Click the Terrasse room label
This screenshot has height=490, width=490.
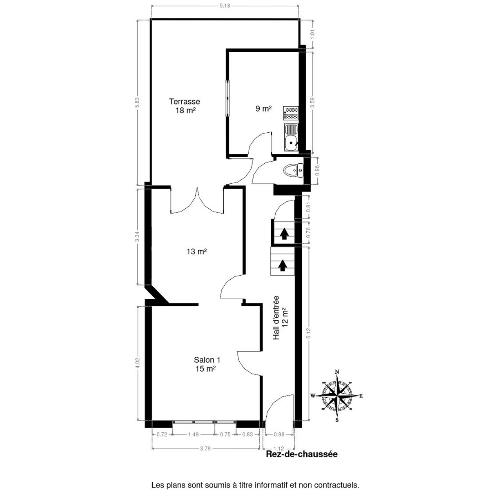[185, 101]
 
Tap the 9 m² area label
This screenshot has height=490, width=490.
[263, 109]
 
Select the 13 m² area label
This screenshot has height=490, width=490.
[196, 252]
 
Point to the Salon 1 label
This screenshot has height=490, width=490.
[207, 360]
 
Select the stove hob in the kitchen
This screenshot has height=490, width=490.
[291, 113]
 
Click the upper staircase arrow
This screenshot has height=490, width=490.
[284, 233]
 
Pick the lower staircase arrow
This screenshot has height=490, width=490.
[282, 265]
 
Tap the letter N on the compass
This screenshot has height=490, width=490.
[337, 372]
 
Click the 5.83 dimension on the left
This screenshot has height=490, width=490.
[138, 102]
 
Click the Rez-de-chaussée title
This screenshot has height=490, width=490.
[302, 454]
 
